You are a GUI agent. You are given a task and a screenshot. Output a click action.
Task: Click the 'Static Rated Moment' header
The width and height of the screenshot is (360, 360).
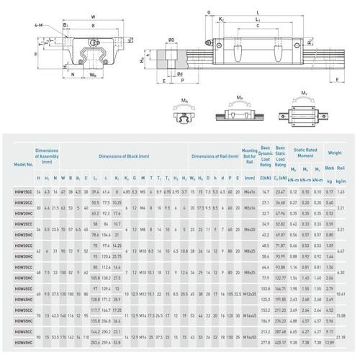[x=305, y=155]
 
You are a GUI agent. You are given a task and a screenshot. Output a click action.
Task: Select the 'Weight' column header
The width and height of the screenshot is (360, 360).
[x=335, y=153]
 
